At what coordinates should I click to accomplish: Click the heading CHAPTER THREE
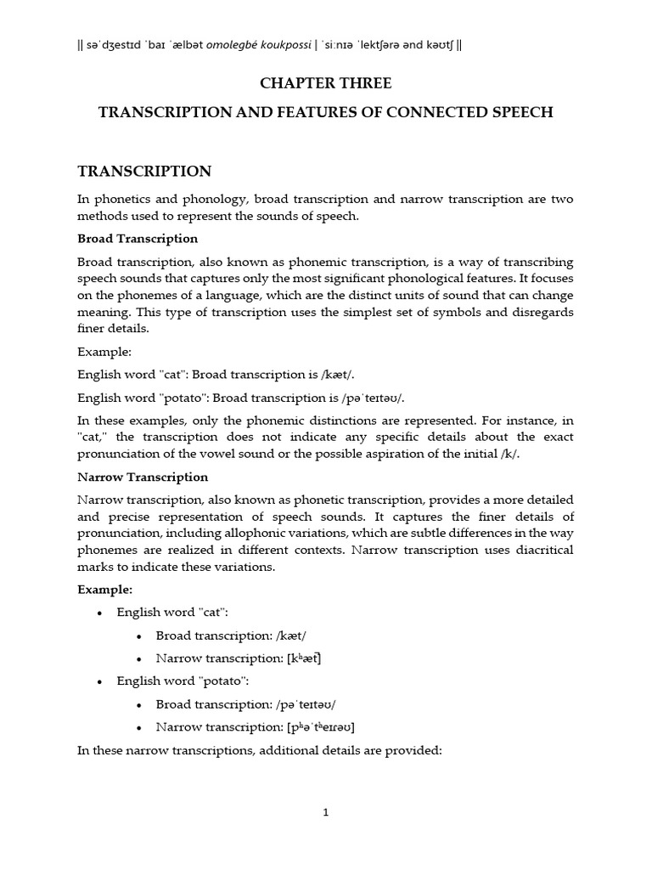click(325, 83)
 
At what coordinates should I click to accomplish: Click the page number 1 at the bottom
click(325, 812)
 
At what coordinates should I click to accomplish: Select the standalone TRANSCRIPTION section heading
click(144, 172)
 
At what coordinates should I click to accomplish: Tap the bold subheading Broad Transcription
click(138, 238)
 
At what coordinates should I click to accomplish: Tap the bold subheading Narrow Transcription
click(143, 477)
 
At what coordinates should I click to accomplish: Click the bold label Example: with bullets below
click(105, 589)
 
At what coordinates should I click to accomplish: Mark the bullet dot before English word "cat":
click(101, 613)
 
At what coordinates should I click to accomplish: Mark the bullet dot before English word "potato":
click(101, 681)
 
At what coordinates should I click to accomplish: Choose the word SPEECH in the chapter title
click(519, 112)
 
